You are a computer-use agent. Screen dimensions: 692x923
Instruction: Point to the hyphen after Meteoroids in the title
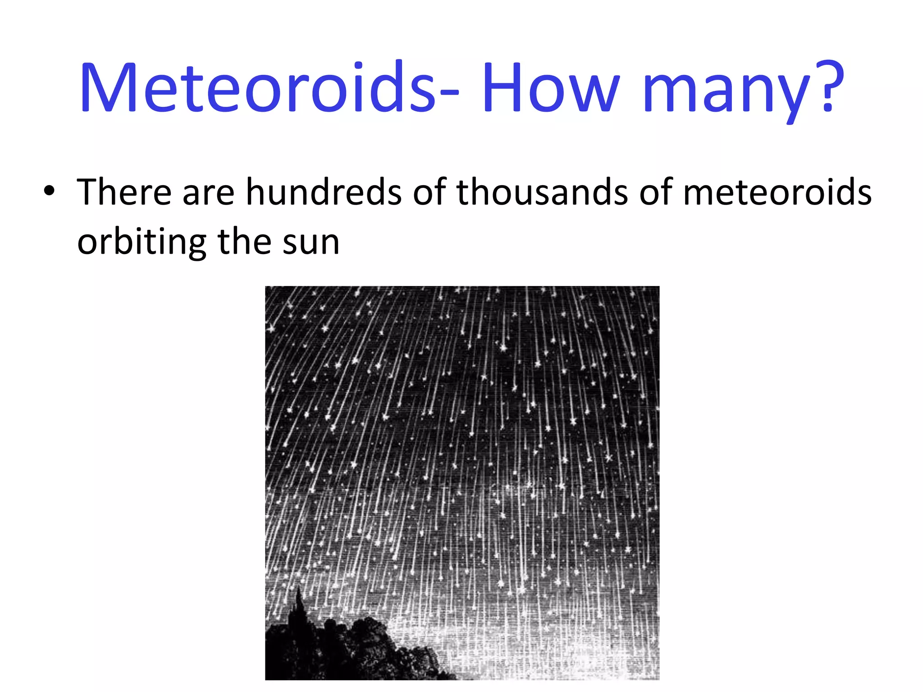[x=448, y=92]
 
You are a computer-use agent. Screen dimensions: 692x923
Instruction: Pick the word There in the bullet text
[x=124, y=192]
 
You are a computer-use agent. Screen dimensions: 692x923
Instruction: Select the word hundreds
[x=324, y=192]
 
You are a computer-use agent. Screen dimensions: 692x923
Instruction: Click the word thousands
[x=543, y=192]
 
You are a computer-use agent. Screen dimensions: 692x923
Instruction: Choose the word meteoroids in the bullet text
[x=777, y=192]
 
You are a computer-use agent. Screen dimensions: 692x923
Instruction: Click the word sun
[x=311, y=243]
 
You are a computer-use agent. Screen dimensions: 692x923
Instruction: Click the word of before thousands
[x=429, y=192]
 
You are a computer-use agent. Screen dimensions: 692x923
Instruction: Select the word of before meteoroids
[x=656, y=192]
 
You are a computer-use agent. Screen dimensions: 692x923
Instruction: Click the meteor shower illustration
[x=462, y=451]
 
